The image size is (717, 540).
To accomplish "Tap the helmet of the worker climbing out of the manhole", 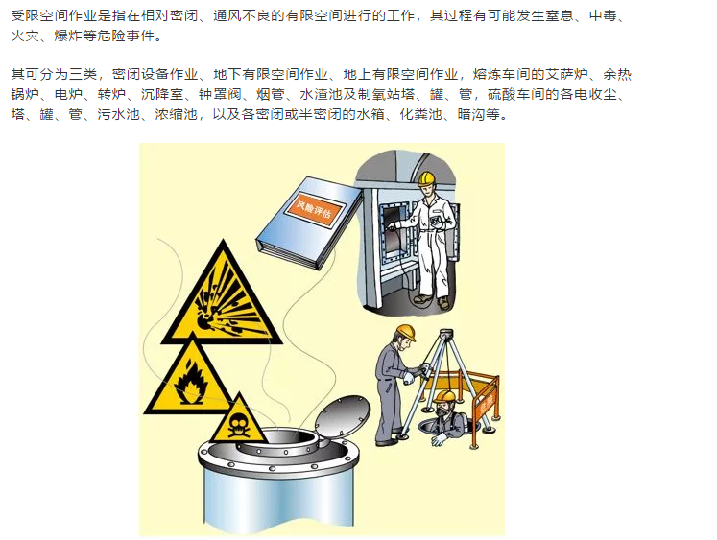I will pos(444,395).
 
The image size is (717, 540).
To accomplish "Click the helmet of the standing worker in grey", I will pos(405,332).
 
